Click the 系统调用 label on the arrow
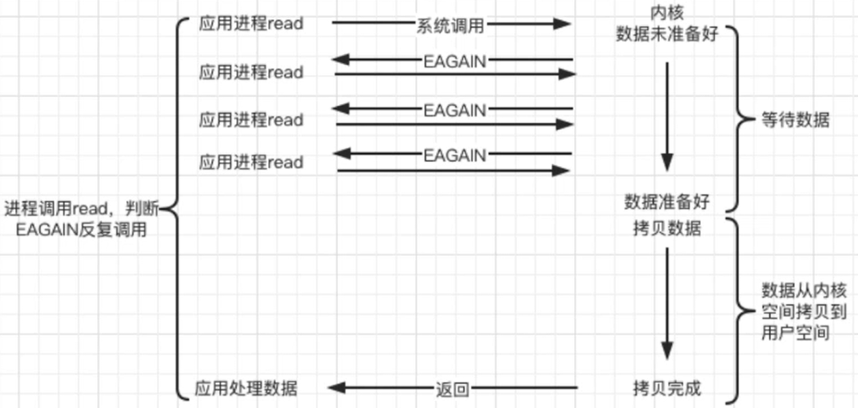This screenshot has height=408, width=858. pos(450,26)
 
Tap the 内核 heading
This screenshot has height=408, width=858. pos(667,13)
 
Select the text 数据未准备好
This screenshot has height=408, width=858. pos(667,33)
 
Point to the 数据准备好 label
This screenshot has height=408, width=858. pos(667,202)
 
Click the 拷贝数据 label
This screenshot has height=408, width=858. pos(667,228)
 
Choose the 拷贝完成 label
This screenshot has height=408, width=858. pos(667,388)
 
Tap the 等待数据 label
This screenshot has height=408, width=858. pos(795,120)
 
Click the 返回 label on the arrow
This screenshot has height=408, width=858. pos(453,390)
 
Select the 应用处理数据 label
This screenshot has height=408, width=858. pos(246,388)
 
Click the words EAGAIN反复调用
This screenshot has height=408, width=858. pos(81,230)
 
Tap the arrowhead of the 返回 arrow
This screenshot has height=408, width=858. pos(337,387)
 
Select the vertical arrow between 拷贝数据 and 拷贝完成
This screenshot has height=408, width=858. pos(667,303)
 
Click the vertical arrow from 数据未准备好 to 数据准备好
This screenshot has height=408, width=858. pos(667,117)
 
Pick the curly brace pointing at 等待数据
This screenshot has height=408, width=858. pos(739,119)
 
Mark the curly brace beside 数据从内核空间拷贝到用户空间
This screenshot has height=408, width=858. pos(739,311)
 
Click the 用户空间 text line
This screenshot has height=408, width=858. pos(795,332)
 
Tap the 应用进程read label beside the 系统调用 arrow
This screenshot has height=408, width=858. pos(251,23)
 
